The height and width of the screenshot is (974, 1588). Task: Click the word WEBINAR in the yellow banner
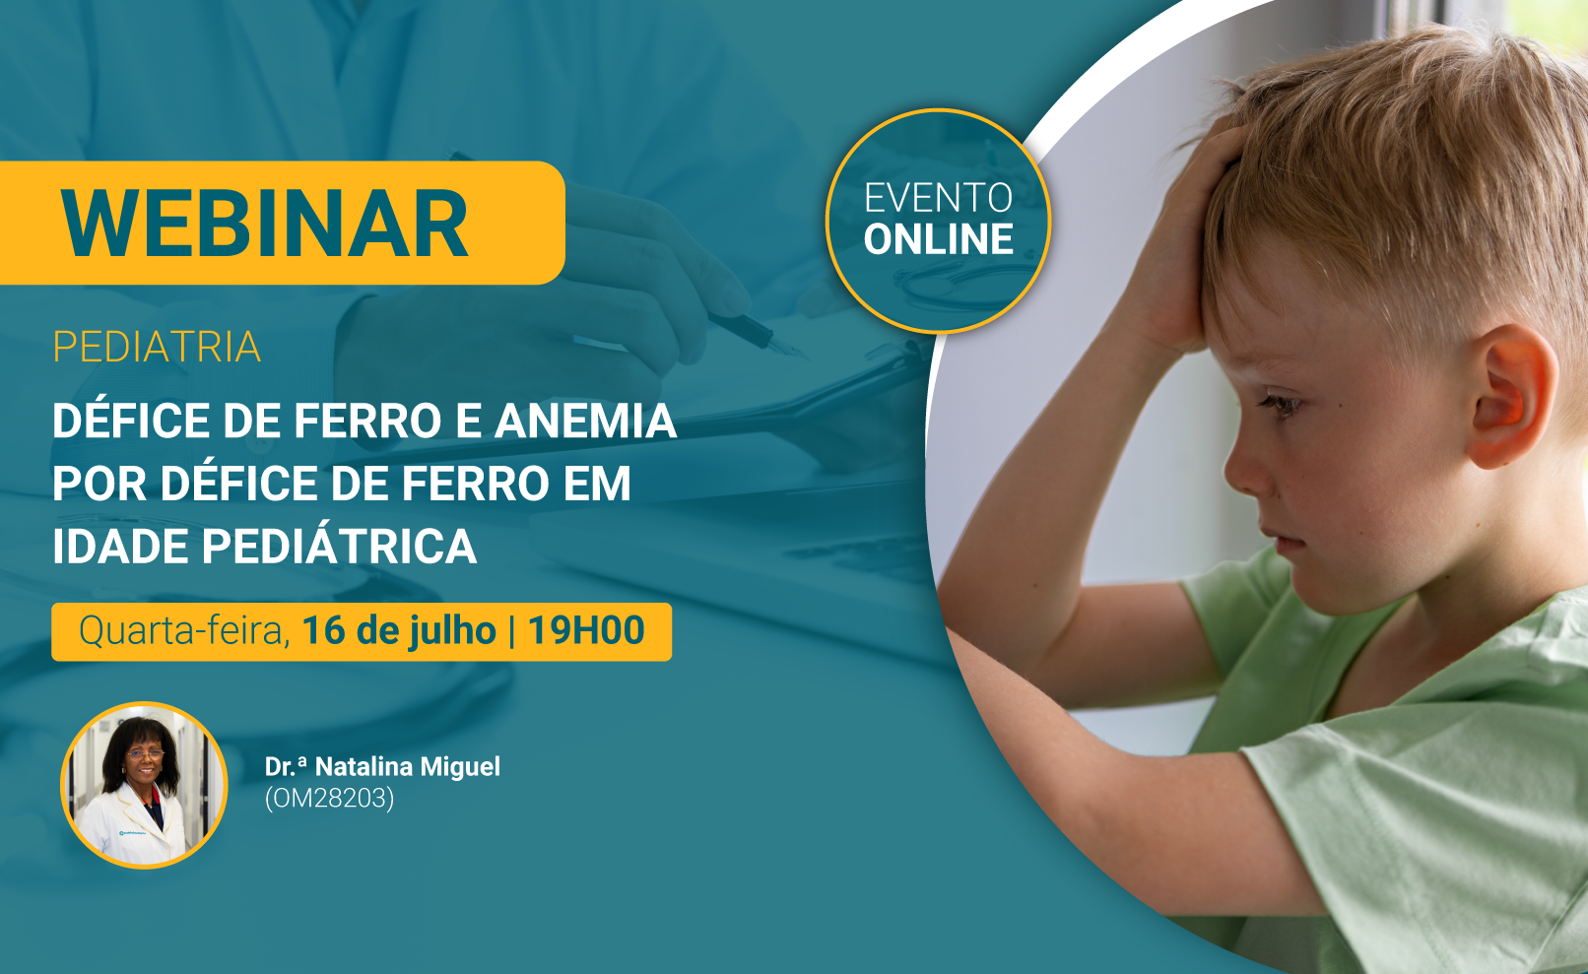coord(264,224)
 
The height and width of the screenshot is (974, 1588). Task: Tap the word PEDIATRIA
coord(157,347)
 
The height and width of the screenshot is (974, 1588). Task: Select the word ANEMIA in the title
coord(585,421)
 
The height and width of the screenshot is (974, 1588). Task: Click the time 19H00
coord(586,630)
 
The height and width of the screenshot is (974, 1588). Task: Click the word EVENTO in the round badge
coord(939,198)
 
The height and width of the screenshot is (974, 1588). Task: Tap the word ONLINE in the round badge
coord(939,239)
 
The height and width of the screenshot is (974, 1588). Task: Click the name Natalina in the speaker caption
coord(364,766)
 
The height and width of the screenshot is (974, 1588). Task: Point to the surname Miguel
coord(460,766)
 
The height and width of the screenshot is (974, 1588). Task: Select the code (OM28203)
coord(330,799)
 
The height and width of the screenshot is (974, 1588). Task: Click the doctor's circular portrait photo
coord(144,785)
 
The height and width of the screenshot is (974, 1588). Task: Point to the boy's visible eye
coord(1282,406)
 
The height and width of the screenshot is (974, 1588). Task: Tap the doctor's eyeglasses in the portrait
coord(145,755)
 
